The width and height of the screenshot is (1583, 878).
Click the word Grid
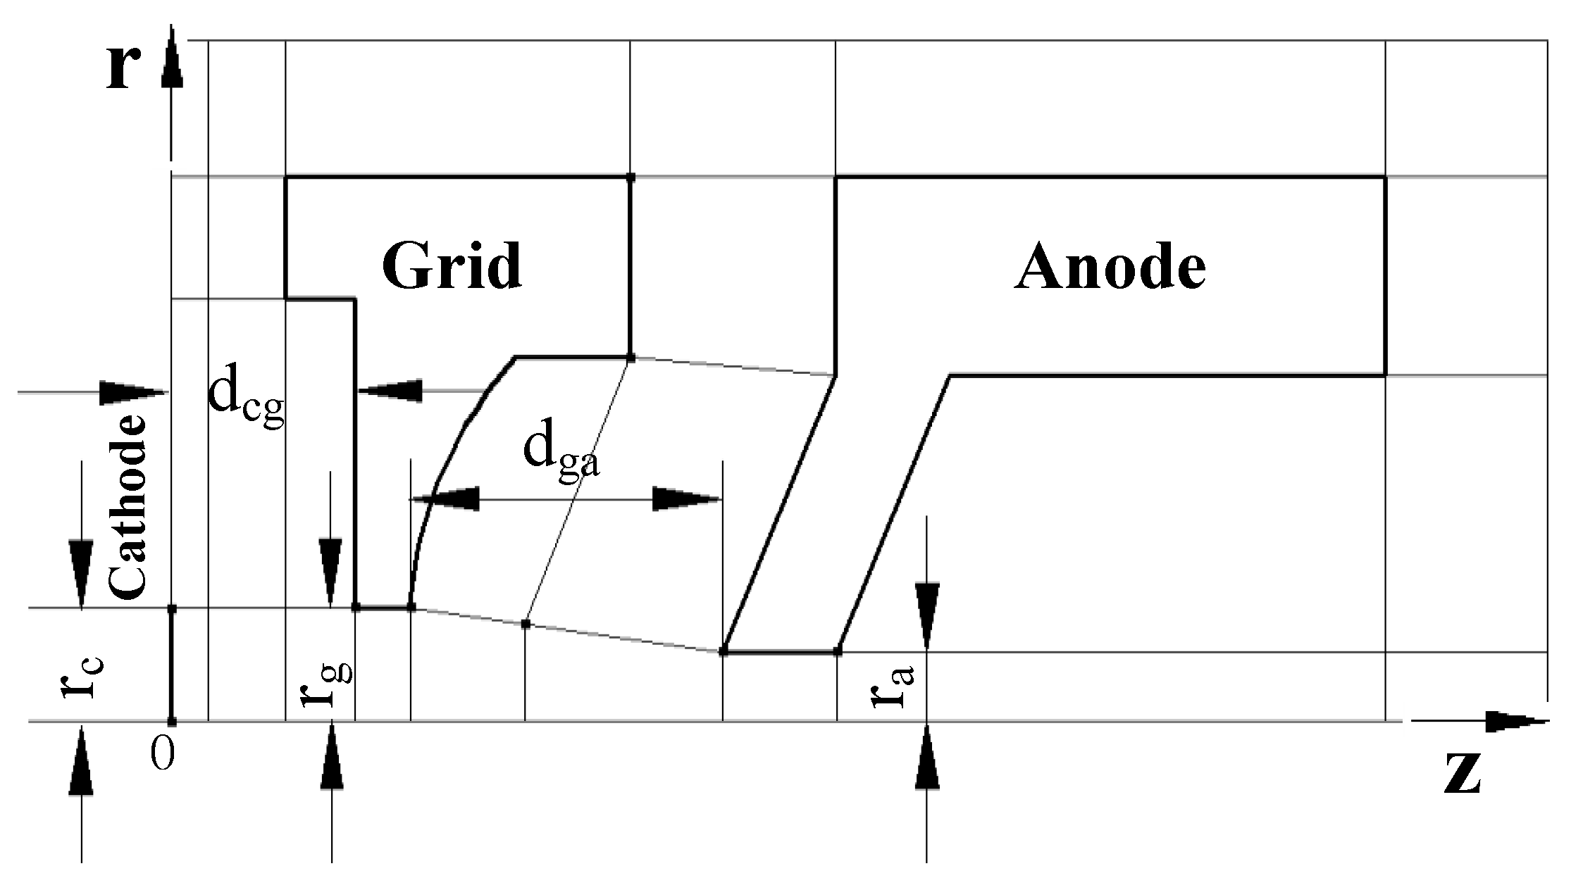[452, 266]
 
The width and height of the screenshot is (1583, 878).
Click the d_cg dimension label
[246, 405]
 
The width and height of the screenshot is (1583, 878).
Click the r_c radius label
[82, 676]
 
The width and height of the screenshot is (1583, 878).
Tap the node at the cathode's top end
[171, 608]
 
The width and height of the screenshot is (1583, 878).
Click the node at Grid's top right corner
[631, 177]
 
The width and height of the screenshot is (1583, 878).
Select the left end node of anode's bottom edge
[723, 652]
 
